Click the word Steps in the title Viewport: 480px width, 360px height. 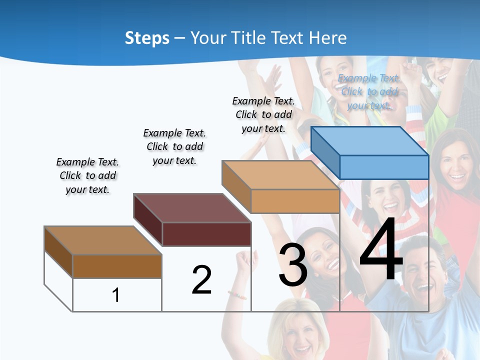147,38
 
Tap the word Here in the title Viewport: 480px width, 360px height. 327,38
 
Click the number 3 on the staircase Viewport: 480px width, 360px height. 292,265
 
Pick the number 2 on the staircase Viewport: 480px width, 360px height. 201,280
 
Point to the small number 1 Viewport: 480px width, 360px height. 116,295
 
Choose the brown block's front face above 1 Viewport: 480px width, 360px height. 117,266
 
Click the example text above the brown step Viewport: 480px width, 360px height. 87,175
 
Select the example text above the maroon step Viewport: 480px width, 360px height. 174,146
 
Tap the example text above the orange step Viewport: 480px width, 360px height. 263,114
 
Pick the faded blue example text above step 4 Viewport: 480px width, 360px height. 369,91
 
